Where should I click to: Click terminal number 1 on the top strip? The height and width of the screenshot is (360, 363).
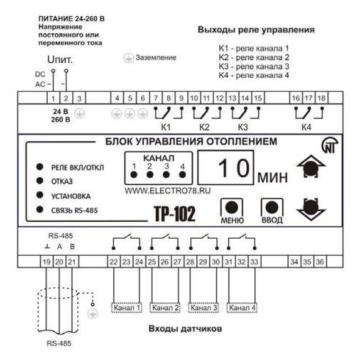coord(54,98)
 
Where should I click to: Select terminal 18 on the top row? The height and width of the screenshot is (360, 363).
coord(321,98)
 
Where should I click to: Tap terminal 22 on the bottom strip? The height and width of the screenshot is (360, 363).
coord(113,262)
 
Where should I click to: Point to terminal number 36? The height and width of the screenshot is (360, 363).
coord(320,262)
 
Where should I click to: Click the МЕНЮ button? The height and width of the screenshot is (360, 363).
coord(231,208)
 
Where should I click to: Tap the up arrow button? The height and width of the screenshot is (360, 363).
coord(311,167)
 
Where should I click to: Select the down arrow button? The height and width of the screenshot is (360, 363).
coord(311,209)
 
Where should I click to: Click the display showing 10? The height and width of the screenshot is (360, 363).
coord(226,168)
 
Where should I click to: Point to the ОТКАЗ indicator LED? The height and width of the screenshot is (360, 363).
coord(40,181)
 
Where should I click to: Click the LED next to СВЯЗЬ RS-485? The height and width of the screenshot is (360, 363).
coord(40,209)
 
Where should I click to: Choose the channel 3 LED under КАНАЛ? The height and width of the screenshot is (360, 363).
coord(166,175)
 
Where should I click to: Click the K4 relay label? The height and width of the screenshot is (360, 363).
coord(306,127)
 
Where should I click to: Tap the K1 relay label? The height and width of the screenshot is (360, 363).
coord(166,127)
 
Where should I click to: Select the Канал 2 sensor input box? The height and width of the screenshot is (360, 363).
coord(165,308)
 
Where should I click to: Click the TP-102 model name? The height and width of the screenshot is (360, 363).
coord(175,214)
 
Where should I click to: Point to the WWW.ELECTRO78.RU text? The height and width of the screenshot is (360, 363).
coord(168,191)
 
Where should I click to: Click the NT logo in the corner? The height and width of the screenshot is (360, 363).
coord(330,145)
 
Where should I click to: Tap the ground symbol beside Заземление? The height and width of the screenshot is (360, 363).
coord(129,58)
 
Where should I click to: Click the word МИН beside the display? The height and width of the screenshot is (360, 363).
coord(273,177)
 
